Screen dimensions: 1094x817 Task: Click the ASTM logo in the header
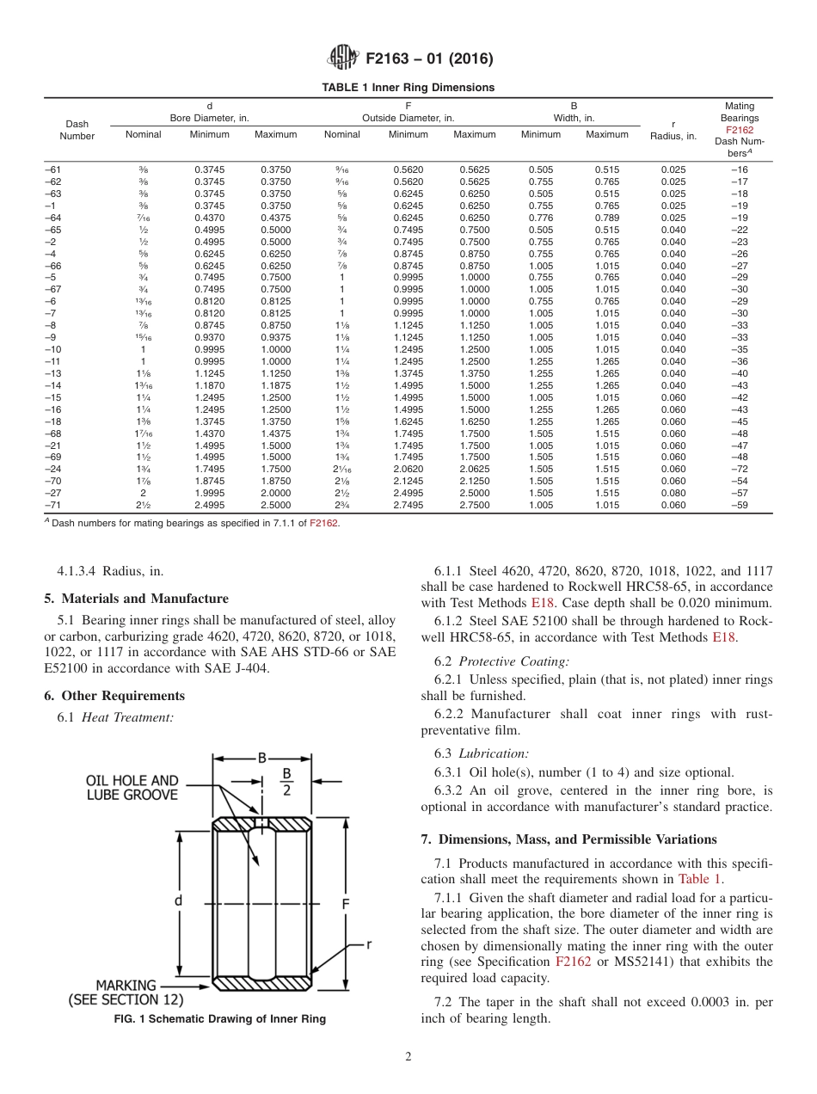pos(343,58)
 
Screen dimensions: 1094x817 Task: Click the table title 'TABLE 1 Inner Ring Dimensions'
pos(408,88)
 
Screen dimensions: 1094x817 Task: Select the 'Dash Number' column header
pos(77,130)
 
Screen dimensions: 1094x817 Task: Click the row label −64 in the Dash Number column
pos(53,218)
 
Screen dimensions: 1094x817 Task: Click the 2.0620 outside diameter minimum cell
pos(408,470)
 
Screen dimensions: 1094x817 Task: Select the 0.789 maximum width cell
pos(607,218)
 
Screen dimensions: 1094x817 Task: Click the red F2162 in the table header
pos(739,130)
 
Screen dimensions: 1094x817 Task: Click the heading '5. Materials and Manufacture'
pos(136,599)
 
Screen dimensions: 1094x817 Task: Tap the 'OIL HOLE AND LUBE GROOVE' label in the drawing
pos(132,788)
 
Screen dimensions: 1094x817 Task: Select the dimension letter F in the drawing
pos(345,904)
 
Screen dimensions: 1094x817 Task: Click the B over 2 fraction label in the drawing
pos(287,781)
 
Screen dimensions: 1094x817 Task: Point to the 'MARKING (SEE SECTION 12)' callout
pos(126,993)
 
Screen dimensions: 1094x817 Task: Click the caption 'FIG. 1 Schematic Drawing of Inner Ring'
pos(220,1019)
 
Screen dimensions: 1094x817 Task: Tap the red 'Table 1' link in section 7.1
pos(701,879)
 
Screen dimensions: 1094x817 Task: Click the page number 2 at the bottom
pos(408,1057)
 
